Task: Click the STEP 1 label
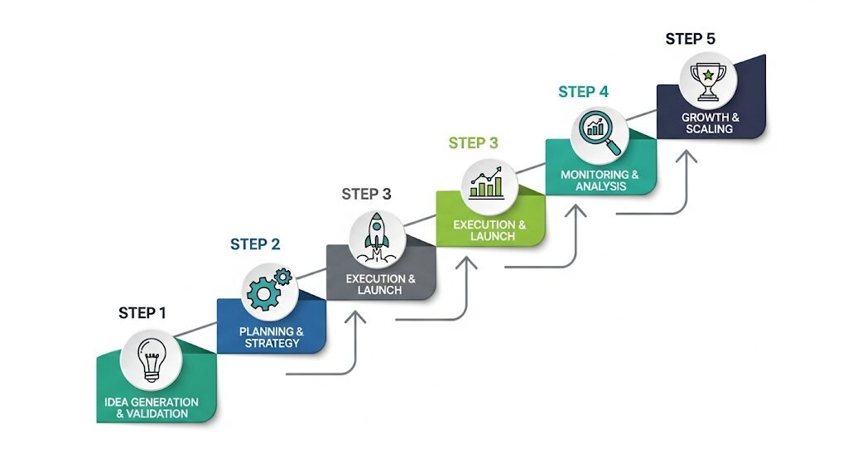point(142,312)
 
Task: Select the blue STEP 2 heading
point(255,244)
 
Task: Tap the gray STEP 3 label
point(366,195)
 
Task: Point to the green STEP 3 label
point(474,143)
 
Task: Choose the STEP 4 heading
point(583,92)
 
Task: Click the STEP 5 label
point(691,39)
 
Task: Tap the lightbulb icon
point(151,359)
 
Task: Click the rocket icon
point(377,235)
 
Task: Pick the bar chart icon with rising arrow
point(486,184)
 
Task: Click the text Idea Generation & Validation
point(152,408)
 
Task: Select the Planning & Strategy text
point(272,337)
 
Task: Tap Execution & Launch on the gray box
point(380,284)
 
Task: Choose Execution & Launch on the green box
point(489,230)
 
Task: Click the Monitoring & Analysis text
point(600,181)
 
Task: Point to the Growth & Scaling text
point(711,123)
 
